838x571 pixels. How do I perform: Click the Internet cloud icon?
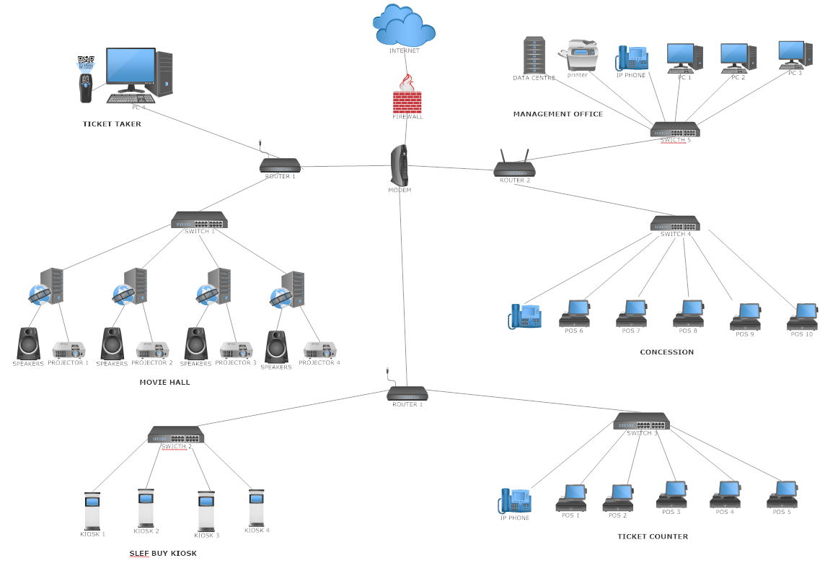click(x=404, y=26)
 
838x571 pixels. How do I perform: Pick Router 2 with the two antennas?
click(x=514, y=167)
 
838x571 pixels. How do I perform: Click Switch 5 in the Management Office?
click(x=675, y=129)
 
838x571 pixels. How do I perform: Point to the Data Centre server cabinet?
click(x=534, y=55)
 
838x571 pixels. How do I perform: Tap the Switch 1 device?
click(x=199, y=220)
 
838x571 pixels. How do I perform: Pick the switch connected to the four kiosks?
click(x=176, y=434)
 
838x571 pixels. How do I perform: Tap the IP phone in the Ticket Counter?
click(x=515, y=501)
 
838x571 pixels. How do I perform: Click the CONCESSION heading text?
click(x=666, y=352)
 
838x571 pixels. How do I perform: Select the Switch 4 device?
click(x=675, y=223)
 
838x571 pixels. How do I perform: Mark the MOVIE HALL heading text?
click(x=164, y=382)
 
